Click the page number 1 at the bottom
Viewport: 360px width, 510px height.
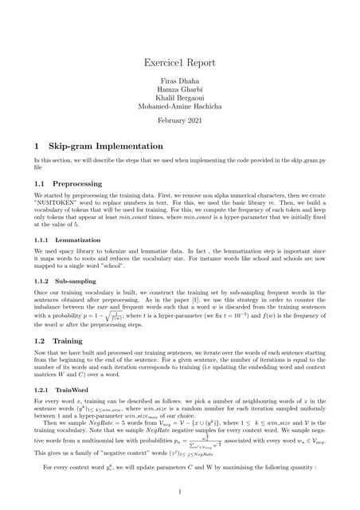click(x=180, y=491)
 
